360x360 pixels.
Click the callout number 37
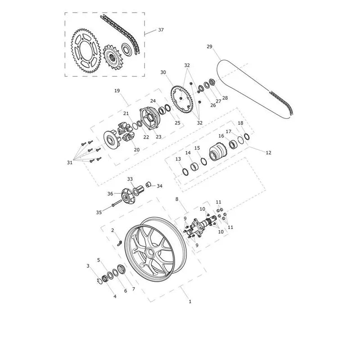coord(161,30)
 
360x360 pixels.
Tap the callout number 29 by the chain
coord(209,47)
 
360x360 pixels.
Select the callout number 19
coord(117,91)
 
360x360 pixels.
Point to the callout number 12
coord(268,153)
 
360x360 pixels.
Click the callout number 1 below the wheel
coord(190,301)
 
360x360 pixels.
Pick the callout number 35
coord(99,212)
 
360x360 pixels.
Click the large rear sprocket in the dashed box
coord(86,51)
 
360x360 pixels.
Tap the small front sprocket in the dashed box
coord(114,58)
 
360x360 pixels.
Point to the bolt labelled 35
coord(117,203)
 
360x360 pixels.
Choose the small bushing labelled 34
coord(148,184)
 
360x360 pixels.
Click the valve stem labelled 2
coord(119,243)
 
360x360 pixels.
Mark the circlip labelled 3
coord(99,281)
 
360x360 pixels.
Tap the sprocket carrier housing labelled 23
coord(149,119)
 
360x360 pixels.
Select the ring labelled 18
coord(247,136)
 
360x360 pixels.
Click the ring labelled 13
coord(185,171)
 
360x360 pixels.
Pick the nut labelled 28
coord(212,81)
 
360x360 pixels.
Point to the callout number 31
coord(70,162)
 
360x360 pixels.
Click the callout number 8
coord(177,199)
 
